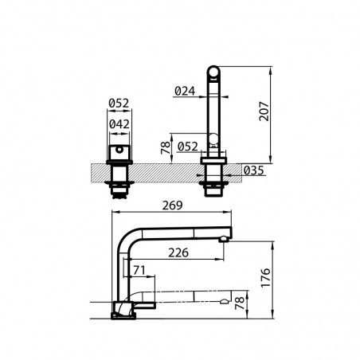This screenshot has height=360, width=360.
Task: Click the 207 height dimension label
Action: coord(264,112)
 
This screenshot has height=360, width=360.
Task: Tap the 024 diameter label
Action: coord(185,92)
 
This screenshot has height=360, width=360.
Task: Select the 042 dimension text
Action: coord(119,124)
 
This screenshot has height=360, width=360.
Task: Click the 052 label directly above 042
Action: coord(119,103)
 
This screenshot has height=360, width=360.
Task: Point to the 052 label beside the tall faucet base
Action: coord(188,147)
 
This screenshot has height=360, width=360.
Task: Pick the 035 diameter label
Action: coord(254,170)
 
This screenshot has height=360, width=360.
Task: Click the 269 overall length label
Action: coord(173,205)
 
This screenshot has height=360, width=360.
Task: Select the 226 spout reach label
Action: coord(178,252)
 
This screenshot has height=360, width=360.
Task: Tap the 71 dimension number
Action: coord(139,270)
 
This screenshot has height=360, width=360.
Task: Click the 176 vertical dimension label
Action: coord(265,278)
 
